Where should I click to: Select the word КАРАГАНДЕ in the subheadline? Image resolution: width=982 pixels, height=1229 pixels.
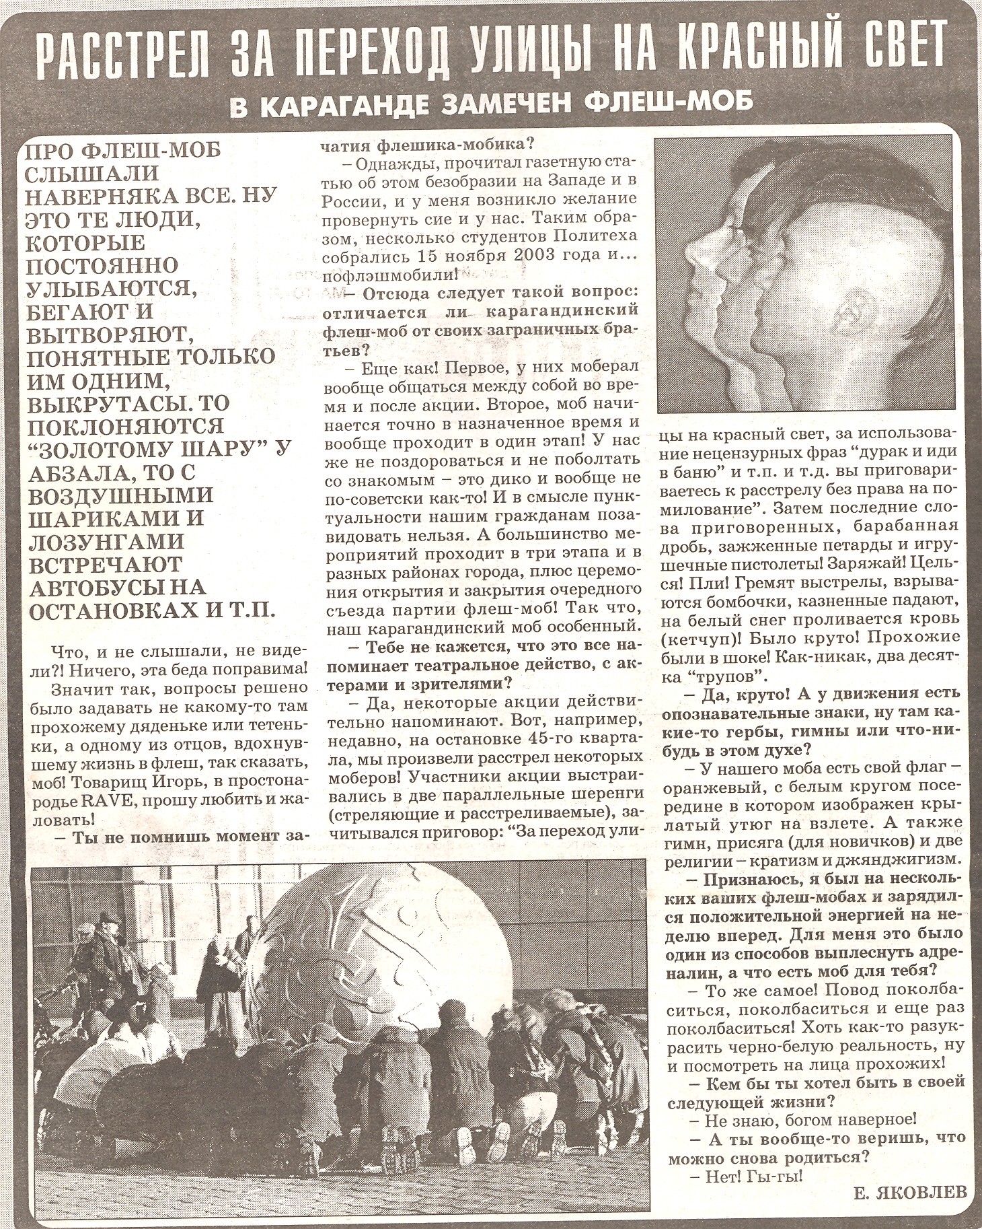tap(336, 106)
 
